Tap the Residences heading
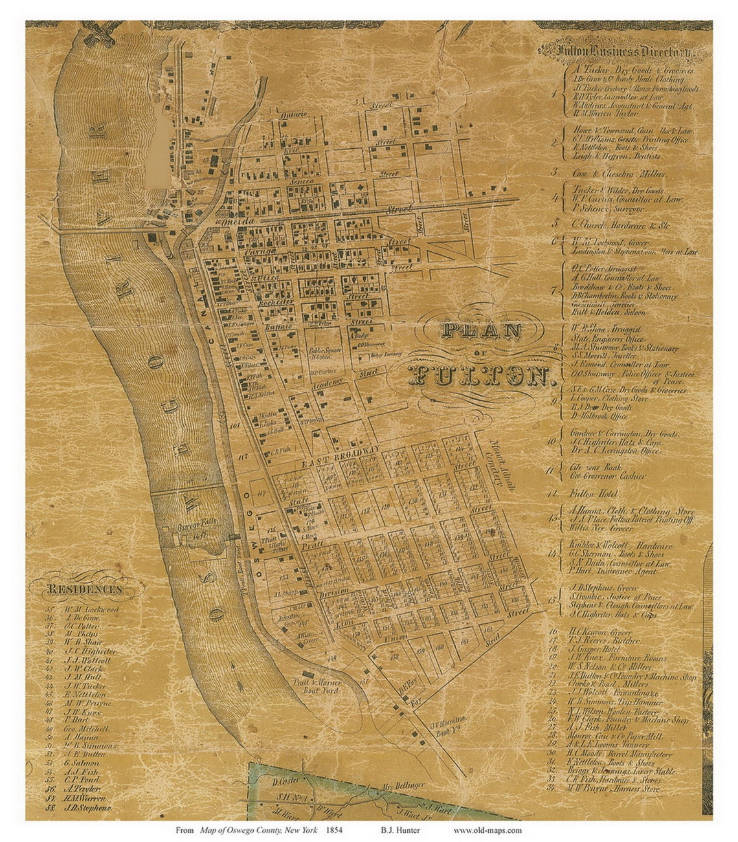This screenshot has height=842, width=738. pyautogui.click(x=84, y=590)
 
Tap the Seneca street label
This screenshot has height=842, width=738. pyautogui.click(x=305, y=182)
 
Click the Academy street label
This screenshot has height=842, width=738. pyautogui.click(x=328, y=384)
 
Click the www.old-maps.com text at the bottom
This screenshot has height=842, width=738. pyautogui.click(x=487, y=830)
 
